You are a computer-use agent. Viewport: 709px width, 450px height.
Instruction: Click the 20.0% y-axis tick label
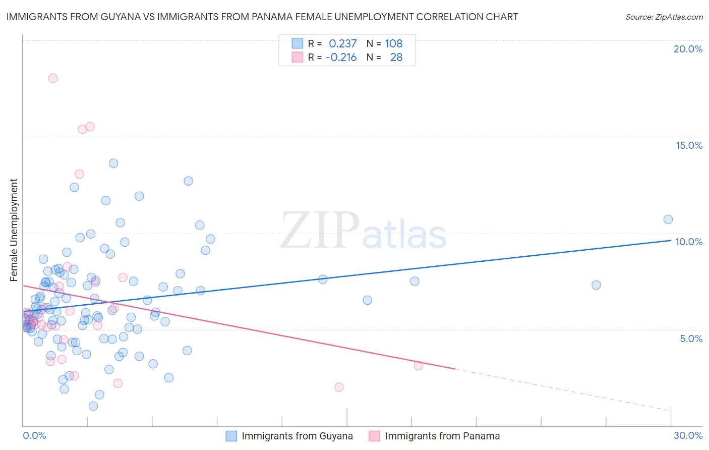(x=688, y=49)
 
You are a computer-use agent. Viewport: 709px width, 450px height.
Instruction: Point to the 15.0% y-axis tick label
(x=689, y=145)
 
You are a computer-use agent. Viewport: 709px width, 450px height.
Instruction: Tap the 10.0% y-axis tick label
(x=689, y=242)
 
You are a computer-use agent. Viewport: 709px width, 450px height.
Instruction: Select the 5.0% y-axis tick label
(x=691, y=339)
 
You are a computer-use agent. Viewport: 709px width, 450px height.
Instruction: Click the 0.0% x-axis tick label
(x=34, y=435)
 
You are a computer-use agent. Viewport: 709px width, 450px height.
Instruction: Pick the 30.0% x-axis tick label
(x=688, y=435)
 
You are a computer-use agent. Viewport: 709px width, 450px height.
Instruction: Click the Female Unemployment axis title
(x=14, y=230)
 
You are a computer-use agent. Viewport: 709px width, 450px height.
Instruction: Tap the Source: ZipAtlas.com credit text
(x=664, y=17)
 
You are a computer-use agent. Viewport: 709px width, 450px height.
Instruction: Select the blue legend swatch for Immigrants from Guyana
(x=231, y=436)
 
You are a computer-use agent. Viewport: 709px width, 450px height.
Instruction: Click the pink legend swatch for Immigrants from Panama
(x=374, y=436)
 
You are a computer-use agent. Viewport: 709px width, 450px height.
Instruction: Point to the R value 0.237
(x=342, y=43)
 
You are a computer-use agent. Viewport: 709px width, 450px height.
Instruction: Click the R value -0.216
(x=341, y=57)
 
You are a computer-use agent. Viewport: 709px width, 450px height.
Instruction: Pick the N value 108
(x=393, y=43)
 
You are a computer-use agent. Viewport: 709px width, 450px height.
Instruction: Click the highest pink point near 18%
(x=53, y=78)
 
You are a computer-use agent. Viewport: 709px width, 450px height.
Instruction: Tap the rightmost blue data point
(x=668, y=219)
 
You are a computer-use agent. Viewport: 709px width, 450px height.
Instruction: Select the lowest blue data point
(x=93, y=406)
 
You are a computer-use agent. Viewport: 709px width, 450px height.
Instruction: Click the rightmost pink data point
(x=418, y=366)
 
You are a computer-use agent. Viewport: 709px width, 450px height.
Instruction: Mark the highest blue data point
(x=113, y=163)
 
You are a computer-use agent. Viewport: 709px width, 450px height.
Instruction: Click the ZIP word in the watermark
(x=319, y=230)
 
